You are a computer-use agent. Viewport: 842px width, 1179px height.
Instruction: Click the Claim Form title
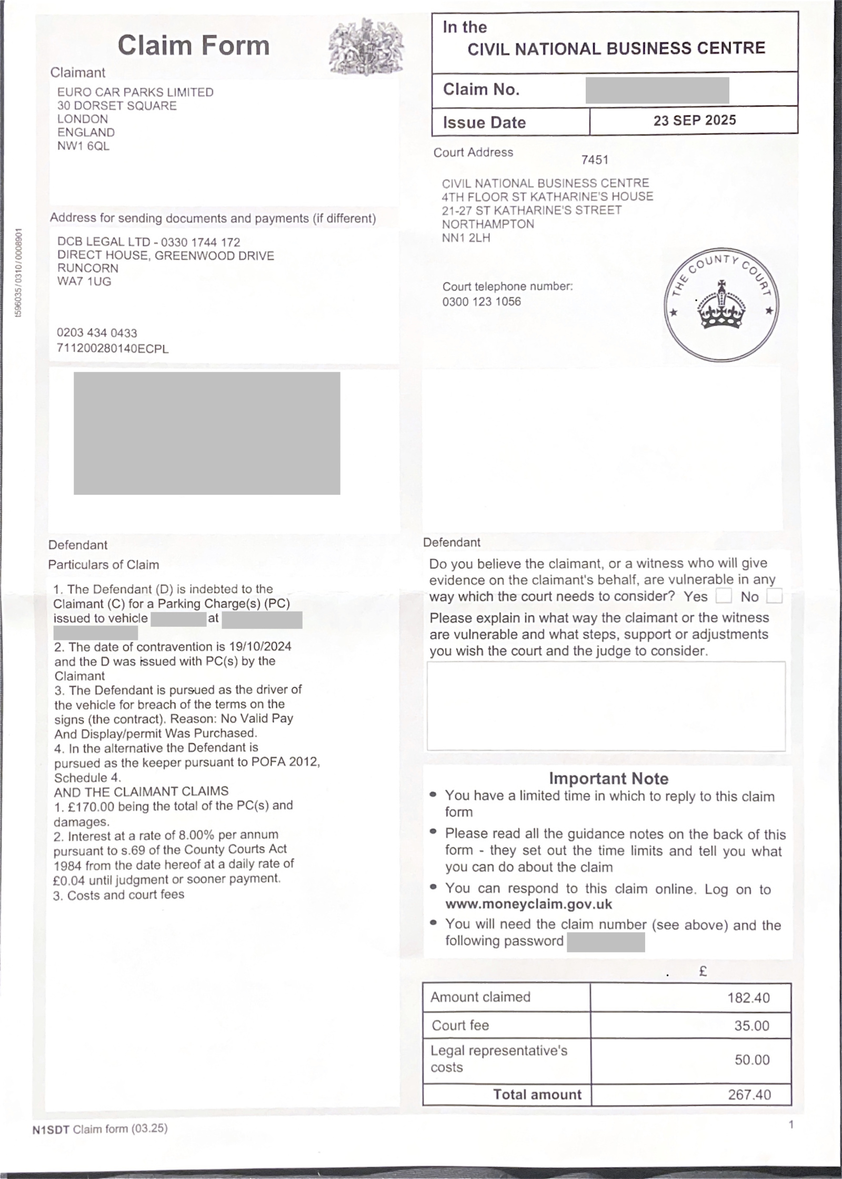point(193,45)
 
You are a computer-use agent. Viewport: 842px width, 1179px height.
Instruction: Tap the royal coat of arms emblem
point(366,47)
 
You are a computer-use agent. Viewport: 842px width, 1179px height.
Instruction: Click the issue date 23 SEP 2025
point(694,121)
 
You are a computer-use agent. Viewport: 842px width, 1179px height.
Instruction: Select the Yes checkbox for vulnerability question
point(724,596)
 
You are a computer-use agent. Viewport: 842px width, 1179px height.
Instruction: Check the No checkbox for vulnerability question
point(774,596)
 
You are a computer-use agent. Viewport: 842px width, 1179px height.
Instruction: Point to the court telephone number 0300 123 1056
point(482,302)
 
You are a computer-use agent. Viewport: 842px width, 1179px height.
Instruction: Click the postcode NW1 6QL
point(83,146)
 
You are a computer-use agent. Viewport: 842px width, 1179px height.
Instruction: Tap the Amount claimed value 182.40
point(748,997)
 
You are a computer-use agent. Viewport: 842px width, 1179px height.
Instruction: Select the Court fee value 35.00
point(751,1025)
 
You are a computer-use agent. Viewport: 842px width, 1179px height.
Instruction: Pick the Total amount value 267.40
point(749,1095)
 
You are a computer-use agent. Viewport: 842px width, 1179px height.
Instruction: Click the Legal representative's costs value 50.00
point(752,1060)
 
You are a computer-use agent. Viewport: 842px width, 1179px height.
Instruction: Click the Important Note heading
point(608,778)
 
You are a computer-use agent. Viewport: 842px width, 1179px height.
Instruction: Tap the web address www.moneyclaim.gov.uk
point(528,904)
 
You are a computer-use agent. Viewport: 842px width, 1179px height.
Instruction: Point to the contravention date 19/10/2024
point(260,646)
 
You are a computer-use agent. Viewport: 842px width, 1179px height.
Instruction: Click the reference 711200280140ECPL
point(113,348)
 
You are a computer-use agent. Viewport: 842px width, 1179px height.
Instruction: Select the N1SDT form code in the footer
point(51,1129)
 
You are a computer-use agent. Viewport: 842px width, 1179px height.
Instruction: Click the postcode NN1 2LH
point(466,238)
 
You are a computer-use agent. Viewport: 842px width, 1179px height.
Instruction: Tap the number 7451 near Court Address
point(595,160)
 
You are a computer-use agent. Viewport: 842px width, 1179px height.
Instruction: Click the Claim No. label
point(481,89)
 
